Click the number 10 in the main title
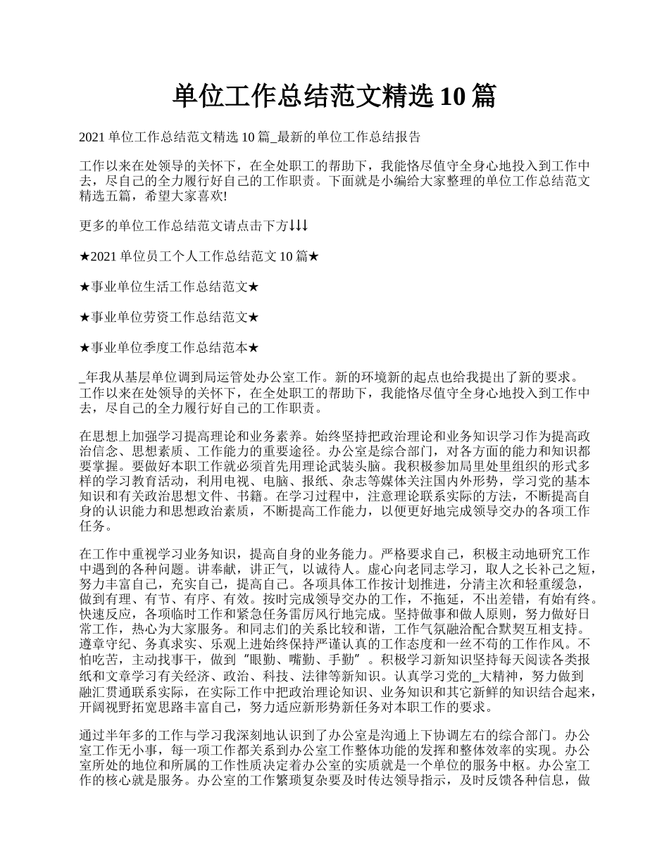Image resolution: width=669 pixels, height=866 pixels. (x=451, y=96)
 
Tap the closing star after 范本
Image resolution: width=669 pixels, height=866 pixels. (x=254, y=348)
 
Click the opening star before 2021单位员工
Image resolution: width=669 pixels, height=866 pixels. (x=85, y=257)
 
